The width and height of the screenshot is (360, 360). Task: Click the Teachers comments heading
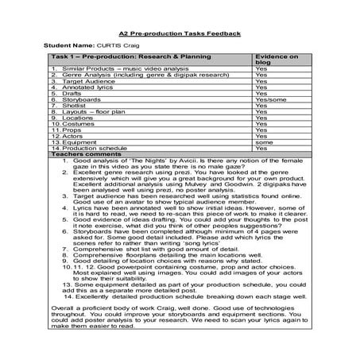[x=83, y=155]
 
